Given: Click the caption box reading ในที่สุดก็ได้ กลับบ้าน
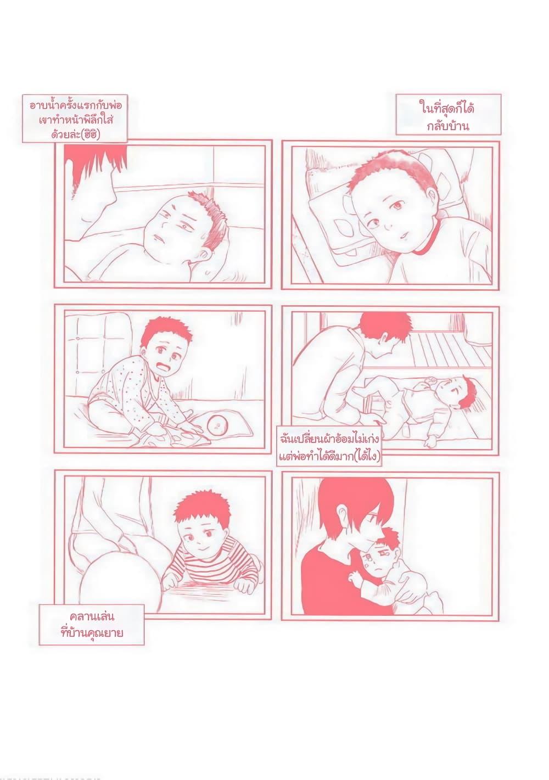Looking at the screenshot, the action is click(448, 114).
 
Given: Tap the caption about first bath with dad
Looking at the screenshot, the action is click(75, 119).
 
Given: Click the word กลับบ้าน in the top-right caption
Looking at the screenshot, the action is click(448, 125).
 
